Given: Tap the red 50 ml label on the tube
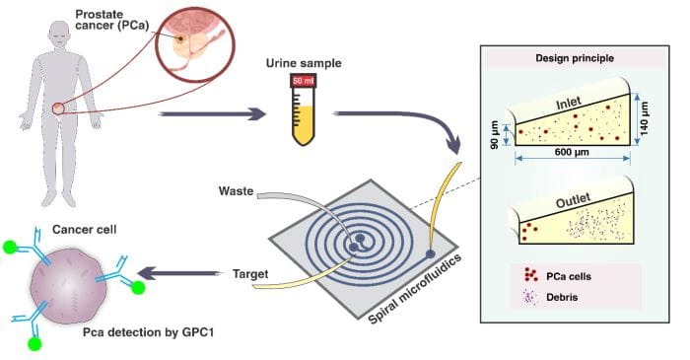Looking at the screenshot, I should pos(303,80).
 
